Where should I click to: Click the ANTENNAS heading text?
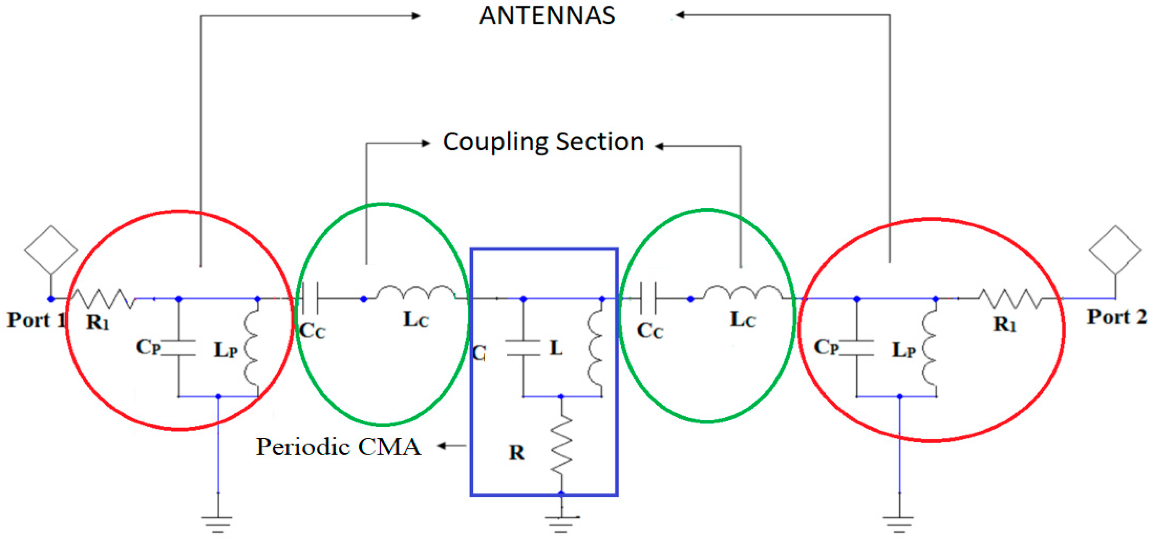pyautogui.click(x=547, y=16)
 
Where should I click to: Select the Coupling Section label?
pyautogui.click(x=543, y=142)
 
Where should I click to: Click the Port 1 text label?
pyautogui.click(x=36, y=320)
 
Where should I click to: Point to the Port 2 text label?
pyautogui.click(x=1116, y=317)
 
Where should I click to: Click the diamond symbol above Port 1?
pyautogui.click(x=51, y=249)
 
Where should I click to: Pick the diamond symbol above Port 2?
pyautogui.click(x=1115, y=249)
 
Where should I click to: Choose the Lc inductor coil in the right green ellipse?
pyautogui.click(x=742, y=292)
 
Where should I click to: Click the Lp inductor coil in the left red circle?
pyautogui.click(x=252, y=351)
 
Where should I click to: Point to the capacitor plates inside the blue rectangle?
pyautogui.click(x=523, y=348)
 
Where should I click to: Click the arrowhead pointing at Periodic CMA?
pyautogui.click(x=442, y=446)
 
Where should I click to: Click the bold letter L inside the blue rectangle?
pyautogui.click(x=556, y=348)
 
